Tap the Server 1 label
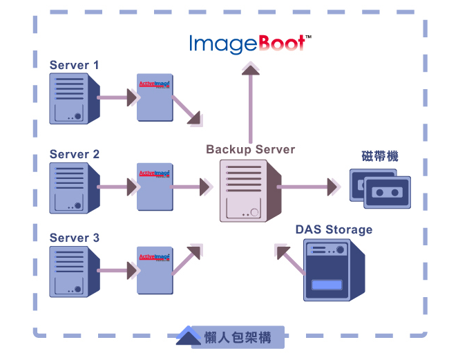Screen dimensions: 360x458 pyautogui.click(x=75, y=65)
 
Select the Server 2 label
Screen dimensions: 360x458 pyautogui.click(x=75, y=154)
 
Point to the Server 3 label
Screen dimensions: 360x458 pyautogui.click(x=75, y=238)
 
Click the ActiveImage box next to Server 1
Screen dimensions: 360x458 pyautogui.click(x=154, y=99)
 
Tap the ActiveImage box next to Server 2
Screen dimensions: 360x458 pyautogui.click(x=154, y=187)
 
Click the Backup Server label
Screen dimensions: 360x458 pyautogui.click(x=250, y=149)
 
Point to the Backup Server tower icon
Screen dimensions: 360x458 pyautogui.click(x=249, y=190)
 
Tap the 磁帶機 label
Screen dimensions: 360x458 pyautogui.click(x=379, y=156)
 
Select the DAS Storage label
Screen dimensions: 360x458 pyautogui.click(x=334, y=229)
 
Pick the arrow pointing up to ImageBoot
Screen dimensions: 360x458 pyautogui.click(x=251, y=104)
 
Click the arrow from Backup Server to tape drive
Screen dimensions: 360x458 pyautogui.click(x=308, y=187)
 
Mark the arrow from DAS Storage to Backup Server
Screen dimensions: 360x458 pyautogui.click(x=290, y=260)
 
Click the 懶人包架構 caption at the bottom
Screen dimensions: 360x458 pyautogui.click(x=237, y=338)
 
